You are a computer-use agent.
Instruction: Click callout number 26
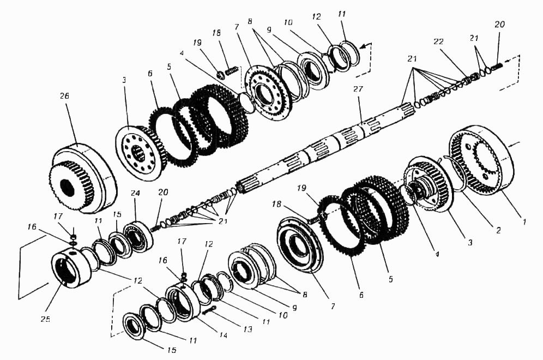pos(64,96)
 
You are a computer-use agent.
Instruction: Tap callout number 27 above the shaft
pos(358,89)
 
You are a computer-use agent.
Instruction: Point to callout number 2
pos(498,230)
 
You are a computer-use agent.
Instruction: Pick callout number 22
pos(438,41)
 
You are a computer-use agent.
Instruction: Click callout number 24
pos(135,193)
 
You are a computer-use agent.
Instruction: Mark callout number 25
pos(45,319)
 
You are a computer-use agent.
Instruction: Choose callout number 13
pos(248,329)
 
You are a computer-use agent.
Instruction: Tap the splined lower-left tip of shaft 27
pos(243,187)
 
